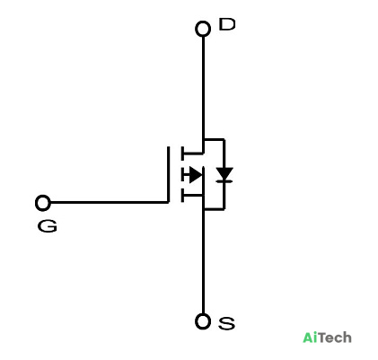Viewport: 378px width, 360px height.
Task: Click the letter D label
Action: [x=227, y=24]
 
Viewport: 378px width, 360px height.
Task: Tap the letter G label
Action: [x=48, y=226]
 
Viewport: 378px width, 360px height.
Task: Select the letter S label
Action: [x=226, y=323]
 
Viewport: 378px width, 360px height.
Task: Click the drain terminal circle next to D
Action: [x=203, y=29]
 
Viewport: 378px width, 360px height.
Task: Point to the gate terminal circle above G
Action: [x=43, y=203]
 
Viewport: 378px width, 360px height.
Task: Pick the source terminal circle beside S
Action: [x=203, y=321]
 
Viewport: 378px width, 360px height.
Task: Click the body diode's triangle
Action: [x=224, y=173]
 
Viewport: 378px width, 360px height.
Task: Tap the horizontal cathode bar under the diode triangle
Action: [x=224, y=181]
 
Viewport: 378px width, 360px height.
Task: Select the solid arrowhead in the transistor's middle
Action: [x=195, y=175]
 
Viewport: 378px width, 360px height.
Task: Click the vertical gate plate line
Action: [x=168, y=175]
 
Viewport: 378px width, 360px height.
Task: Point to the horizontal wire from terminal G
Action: [x=109, y=203]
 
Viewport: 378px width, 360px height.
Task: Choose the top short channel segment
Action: [x=182, y=154]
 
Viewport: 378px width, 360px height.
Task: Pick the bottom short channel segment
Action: [x=182, y=196]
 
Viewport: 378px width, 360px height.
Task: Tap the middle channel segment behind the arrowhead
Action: [x=182, y=175]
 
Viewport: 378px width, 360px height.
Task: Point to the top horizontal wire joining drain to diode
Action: [x=214, y=139]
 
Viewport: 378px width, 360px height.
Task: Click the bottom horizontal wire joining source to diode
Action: [x=214, y=209]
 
